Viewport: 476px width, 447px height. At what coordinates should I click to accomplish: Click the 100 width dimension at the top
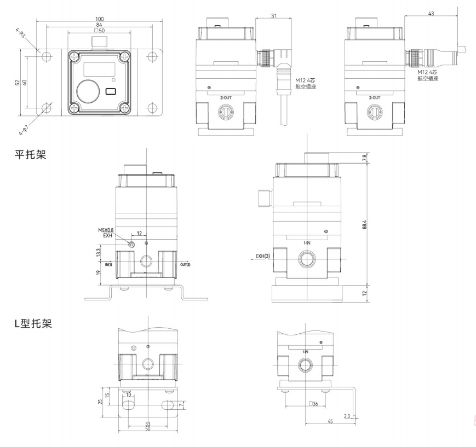pos(99,19)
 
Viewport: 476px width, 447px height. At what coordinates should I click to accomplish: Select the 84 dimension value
pos(99,25)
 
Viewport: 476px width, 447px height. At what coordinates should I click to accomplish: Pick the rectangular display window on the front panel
pos(99,69)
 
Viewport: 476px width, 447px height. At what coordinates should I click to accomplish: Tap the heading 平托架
pos(30,155)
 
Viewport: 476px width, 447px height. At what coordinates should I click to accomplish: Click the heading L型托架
pos(33,324)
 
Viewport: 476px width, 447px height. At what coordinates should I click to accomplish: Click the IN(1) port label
pos(108,265)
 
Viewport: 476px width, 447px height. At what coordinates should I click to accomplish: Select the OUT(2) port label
pos(185,265)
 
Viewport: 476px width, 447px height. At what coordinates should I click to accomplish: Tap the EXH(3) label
pos(265,256)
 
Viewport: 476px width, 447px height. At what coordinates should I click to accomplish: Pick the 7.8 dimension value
pos(364,158)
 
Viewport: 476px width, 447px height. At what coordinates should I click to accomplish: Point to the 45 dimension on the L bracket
pos(331,421)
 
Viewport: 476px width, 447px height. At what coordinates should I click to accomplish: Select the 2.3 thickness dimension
pos(347,416)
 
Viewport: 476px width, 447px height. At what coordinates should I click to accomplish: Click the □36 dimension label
pos(314,404)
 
